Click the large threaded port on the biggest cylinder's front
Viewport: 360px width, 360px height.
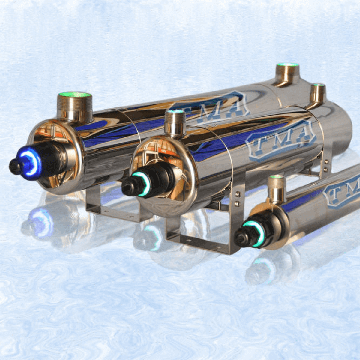[75, 107]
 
